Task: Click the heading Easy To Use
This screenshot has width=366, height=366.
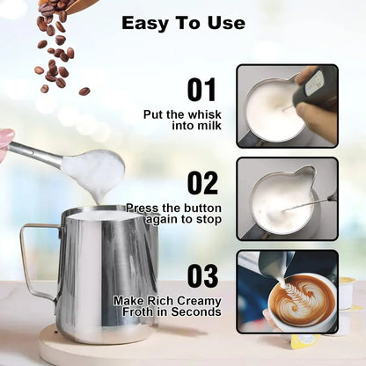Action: (x=183, y=23)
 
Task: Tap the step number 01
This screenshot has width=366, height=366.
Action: (x=203, y=90)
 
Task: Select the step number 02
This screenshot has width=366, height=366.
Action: (x=203, y=182)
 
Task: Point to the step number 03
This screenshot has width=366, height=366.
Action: (x=203, y=275)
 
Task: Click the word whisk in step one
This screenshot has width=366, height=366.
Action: (x=204, y=113)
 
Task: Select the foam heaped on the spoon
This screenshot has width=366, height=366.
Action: (x=92, y=165)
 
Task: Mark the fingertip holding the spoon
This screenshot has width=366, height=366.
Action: (x=5, y=139)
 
